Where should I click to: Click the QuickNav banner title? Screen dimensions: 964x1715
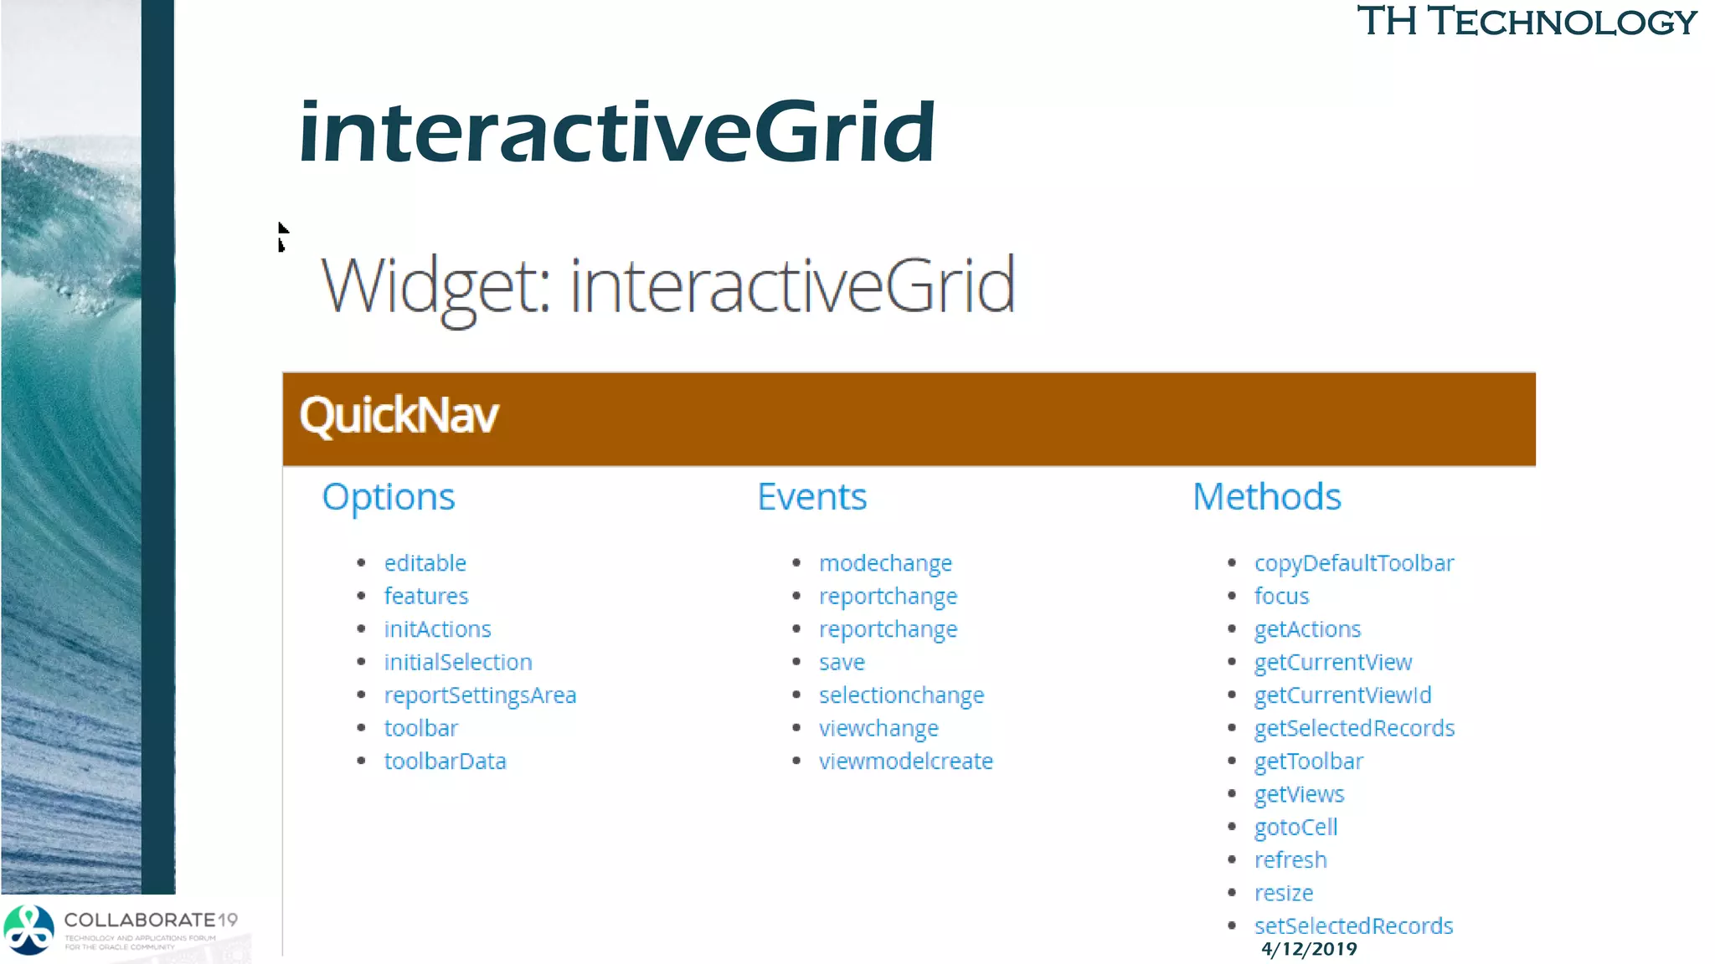coord(399,416)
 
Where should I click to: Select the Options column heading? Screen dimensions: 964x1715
coord(389,496)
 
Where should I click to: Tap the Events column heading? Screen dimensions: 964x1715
coord(811,496)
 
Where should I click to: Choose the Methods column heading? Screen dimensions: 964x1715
coord(1266,496)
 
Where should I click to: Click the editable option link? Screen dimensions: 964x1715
coord(425,563)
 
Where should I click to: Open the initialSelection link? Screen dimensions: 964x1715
coord(458,662)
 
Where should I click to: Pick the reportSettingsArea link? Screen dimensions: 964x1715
coord(480,695)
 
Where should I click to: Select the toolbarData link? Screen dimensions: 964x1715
coord(445,761)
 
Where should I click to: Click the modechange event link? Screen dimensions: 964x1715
coord(885,563)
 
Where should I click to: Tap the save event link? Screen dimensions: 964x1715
coord(842,662)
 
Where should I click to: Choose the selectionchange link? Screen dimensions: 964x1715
coord(901,695)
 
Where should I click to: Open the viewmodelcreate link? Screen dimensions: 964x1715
coord(905,761)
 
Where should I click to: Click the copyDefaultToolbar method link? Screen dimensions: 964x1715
coord(1354,563)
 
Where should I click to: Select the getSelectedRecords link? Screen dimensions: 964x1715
coord(1354,728)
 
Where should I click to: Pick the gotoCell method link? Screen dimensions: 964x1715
coord(1295,827)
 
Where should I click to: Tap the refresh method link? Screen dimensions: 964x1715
coord(1290,860)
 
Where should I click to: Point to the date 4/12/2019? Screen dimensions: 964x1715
coord(1309,949)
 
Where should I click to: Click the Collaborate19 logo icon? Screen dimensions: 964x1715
coord(29,930)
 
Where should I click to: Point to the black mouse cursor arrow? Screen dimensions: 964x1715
coord(282,235)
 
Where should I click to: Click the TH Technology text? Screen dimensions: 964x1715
coord(1527,22)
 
